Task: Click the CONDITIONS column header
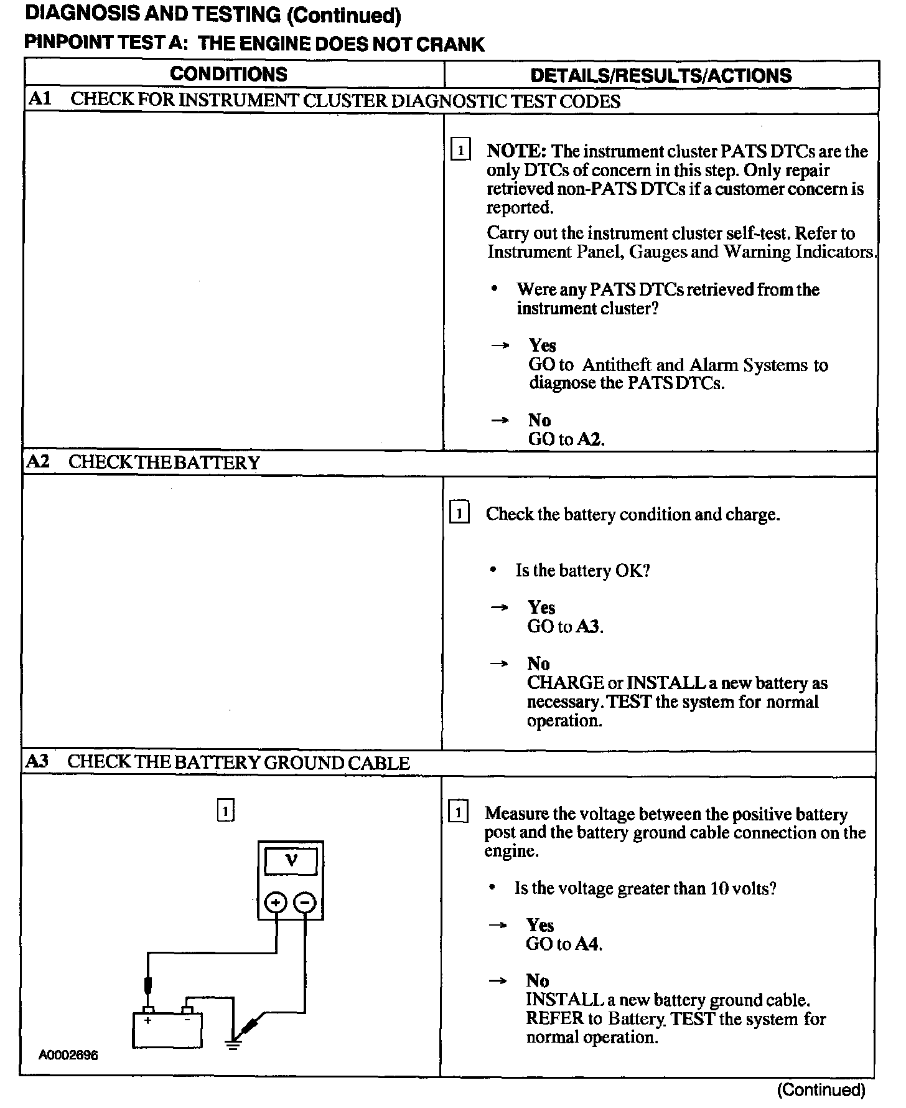[x=228, y=74]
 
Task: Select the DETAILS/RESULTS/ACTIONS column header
[x=661, y=75]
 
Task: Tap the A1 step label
[x=40, y=100]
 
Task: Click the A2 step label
[x=39, y=462]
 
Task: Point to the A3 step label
[x=37, y=761]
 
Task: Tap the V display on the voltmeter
[x=291, y=862]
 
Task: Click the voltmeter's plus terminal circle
[x=276, y=902]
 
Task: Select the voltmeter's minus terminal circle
[x=305, y=902]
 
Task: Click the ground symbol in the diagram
[x=233, y=1042]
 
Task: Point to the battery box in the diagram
[x=167, y=1030]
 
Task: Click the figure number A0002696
[x=68, y=1055]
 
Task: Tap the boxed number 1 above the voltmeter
[x=226, y=811]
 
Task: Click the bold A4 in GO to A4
[x=588, y=944]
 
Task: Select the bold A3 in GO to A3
[x=589, y=626]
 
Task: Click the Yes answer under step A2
[x=541, y=608]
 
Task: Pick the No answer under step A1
[x=539, y=420]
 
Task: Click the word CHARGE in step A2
[x=565, y=683]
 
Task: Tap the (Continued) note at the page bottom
[x=821, y=1089]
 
